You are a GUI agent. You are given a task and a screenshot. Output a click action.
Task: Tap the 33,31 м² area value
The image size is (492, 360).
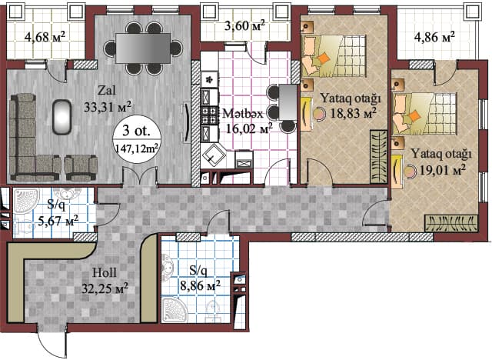tap(106, 105)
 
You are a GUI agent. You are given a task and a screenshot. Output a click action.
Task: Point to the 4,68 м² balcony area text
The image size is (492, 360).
tap(45, 36)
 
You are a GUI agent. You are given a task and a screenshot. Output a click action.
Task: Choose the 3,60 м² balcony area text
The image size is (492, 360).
tap(244, 25)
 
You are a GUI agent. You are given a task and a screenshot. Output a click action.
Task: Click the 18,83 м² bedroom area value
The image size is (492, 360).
tap(354, 112)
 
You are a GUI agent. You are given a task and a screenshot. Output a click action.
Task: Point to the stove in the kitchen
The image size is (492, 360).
tap(209, 116)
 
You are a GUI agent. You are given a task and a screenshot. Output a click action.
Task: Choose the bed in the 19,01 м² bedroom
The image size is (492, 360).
tap(425, 112)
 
